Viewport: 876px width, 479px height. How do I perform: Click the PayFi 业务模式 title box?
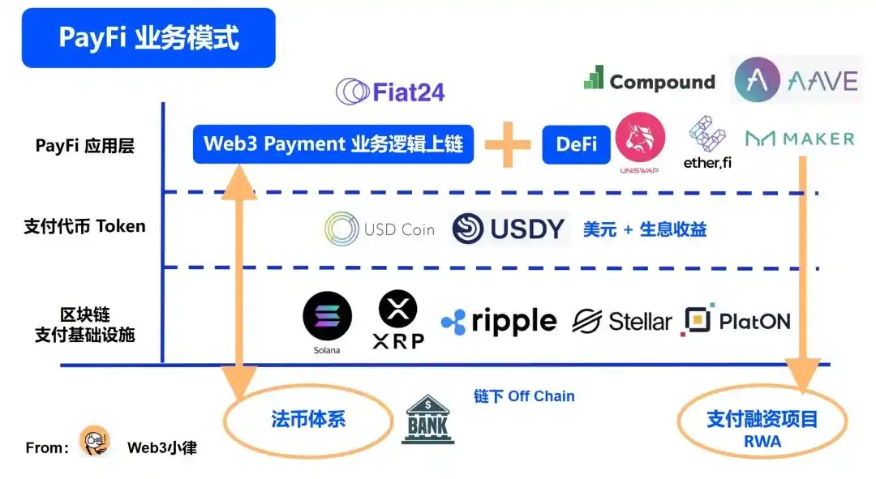pos(148,38)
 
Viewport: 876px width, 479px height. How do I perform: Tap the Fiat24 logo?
pos(390,91)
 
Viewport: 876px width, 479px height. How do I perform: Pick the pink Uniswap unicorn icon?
pos(640,139)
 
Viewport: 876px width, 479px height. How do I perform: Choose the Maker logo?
pos(799,139)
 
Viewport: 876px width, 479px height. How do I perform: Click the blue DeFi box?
pos(576,144)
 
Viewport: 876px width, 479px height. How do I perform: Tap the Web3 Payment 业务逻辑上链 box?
pos(333,144)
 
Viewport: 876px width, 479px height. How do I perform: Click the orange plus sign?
pos(508,144)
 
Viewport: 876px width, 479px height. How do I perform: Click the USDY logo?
pos(508,229)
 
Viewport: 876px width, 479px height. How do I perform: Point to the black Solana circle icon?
pos(327,316)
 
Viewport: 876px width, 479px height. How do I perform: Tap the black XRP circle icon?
pos(398,310)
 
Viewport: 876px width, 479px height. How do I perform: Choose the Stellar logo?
pos(621,322)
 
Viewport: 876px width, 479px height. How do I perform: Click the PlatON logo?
pos(736,321)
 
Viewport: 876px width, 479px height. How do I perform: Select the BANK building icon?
pos(429,419)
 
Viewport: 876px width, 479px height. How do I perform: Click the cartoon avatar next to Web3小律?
pos(94,442)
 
